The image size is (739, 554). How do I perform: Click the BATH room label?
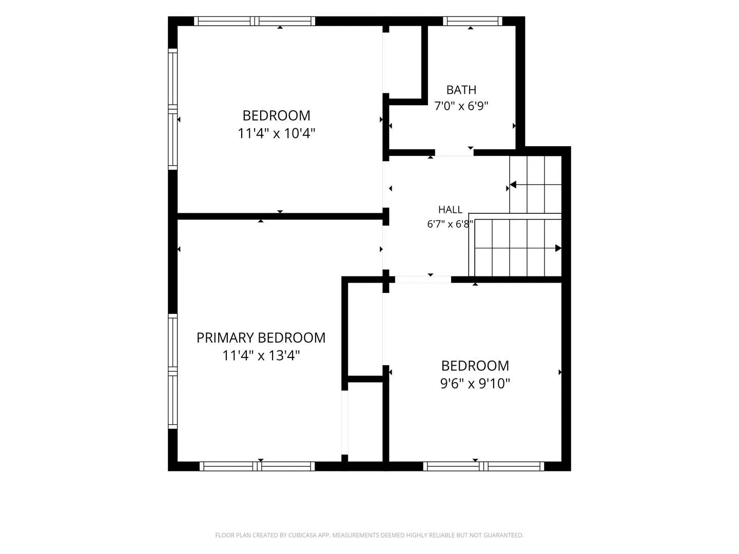tap(461, 90)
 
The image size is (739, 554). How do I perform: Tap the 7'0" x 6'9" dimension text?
tap(461, 106)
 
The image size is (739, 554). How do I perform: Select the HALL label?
tap(450, 210)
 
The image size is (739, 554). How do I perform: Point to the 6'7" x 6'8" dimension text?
tap(450, 224)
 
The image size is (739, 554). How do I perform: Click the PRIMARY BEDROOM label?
tap(261, 338)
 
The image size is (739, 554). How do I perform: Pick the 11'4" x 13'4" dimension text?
tap(261, 355)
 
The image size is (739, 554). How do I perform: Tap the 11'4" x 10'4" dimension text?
tap(277, 133)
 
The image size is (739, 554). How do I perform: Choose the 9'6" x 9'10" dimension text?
tap(475, 384)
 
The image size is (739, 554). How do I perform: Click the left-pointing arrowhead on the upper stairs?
tap(513, 185)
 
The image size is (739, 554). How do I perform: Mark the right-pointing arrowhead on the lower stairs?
tap(558, 248)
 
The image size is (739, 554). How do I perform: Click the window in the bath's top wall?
tap(472, 21)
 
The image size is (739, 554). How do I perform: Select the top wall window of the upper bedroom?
tap(255, 21)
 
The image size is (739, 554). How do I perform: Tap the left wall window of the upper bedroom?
tap(172, 109)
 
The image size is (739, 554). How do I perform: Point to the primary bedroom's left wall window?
tap(172, 371)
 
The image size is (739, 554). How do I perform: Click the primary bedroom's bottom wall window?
tap(257, 466)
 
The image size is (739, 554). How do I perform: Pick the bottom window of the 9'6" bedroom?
tap(483, 466)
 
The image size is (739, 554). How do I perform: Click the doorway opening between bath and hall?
tap(454, 153)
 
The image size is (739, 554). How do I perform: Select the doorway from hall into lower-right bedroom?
tap(423, 280)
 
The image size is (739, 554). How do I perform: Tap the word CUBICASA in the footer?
tap(301, 535)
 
